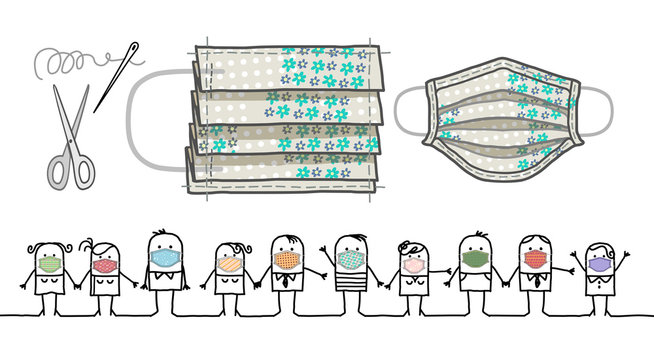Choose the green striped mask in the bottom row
click(49, 265)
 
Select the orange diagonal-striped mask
click(228, 265)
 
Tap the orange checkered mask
click(288, 261)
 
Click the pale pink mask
click(414, 266)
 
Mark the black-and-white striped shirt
click(351, 297)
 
